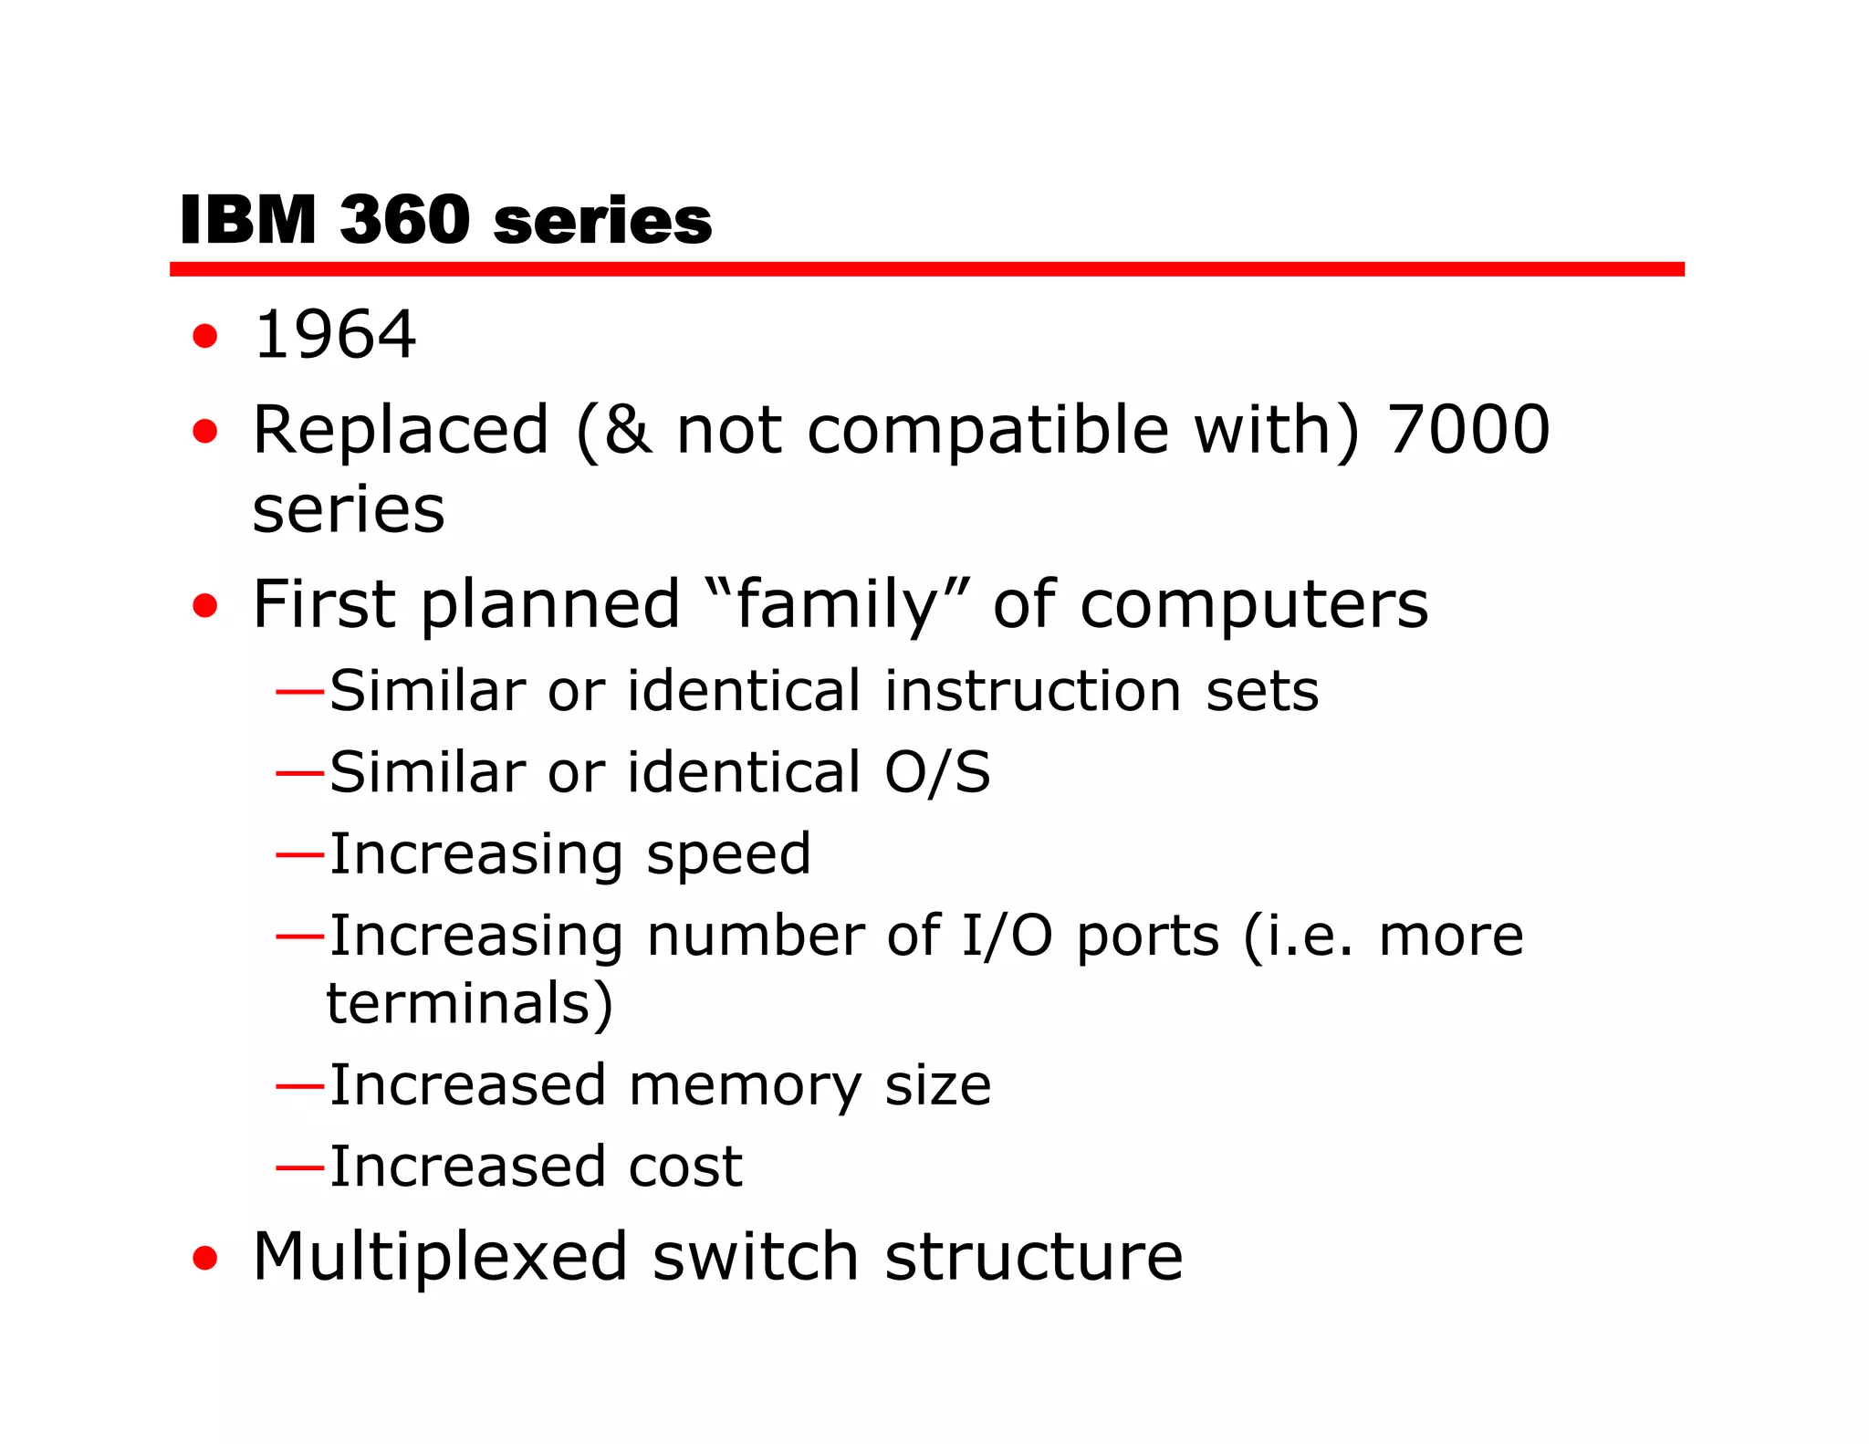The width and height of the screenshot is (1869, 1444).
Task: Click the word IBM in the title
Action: coord(247,221)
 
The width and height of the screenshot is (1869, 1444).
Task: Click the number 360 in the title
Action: coord(404,221)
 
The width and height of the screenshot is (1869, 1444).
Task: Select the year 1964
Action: coord(334,335)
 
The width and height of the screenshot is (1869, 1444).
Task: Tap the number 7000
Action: coord(1467,429)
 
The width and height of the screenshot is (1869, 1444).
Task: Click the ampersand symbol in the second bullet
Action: coord(628,429)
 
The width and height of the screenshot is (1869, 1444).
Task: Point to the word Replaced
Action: coord(401,429)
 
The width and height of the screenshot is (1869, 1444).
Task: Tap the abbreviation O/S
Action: coord(936,773)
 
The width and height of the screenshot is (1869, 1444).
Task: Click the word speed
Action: coord(728,856)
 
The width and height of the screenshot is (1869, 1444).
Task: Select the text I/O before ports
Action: coord(1007,937)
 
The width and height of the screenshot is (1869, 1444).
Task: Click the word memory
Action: coord(745,1086)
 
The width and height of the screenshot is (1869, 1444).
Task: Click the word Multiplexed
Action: coord(440,1258)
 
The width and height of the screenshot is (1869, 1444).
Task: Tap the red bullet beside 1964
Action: coord(205,336)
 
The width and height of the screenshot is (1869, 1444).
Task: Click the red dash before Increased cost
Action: coord(299,1167)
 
